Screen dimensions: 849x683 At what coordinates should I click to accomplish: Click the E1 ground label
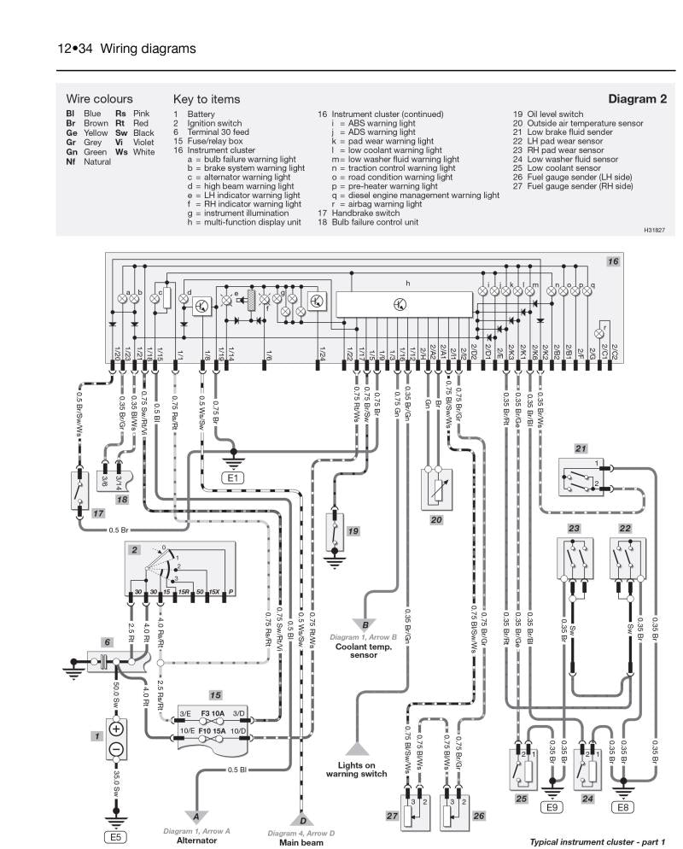pos(233,477)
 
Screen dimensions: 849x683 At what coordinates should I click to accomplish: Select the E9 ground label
pos(553,805)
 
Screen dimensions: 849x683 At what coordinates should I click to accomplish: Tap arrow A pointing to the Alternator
pos(196,816)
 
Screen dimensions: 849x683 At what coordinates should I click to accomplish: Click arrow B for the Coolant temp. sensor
pos(365,624)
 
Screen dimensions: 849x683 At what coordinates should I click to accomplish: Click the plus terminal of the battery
pos(116,730)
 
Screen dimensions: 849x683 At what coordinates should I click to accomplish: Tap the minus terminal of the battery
pos(116,751)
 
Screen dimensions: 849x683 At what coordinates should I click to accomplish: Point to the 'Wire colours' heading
pos(99,99)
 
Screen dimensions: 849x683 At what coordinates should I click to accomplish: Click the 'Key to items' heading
pos(206,99)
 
